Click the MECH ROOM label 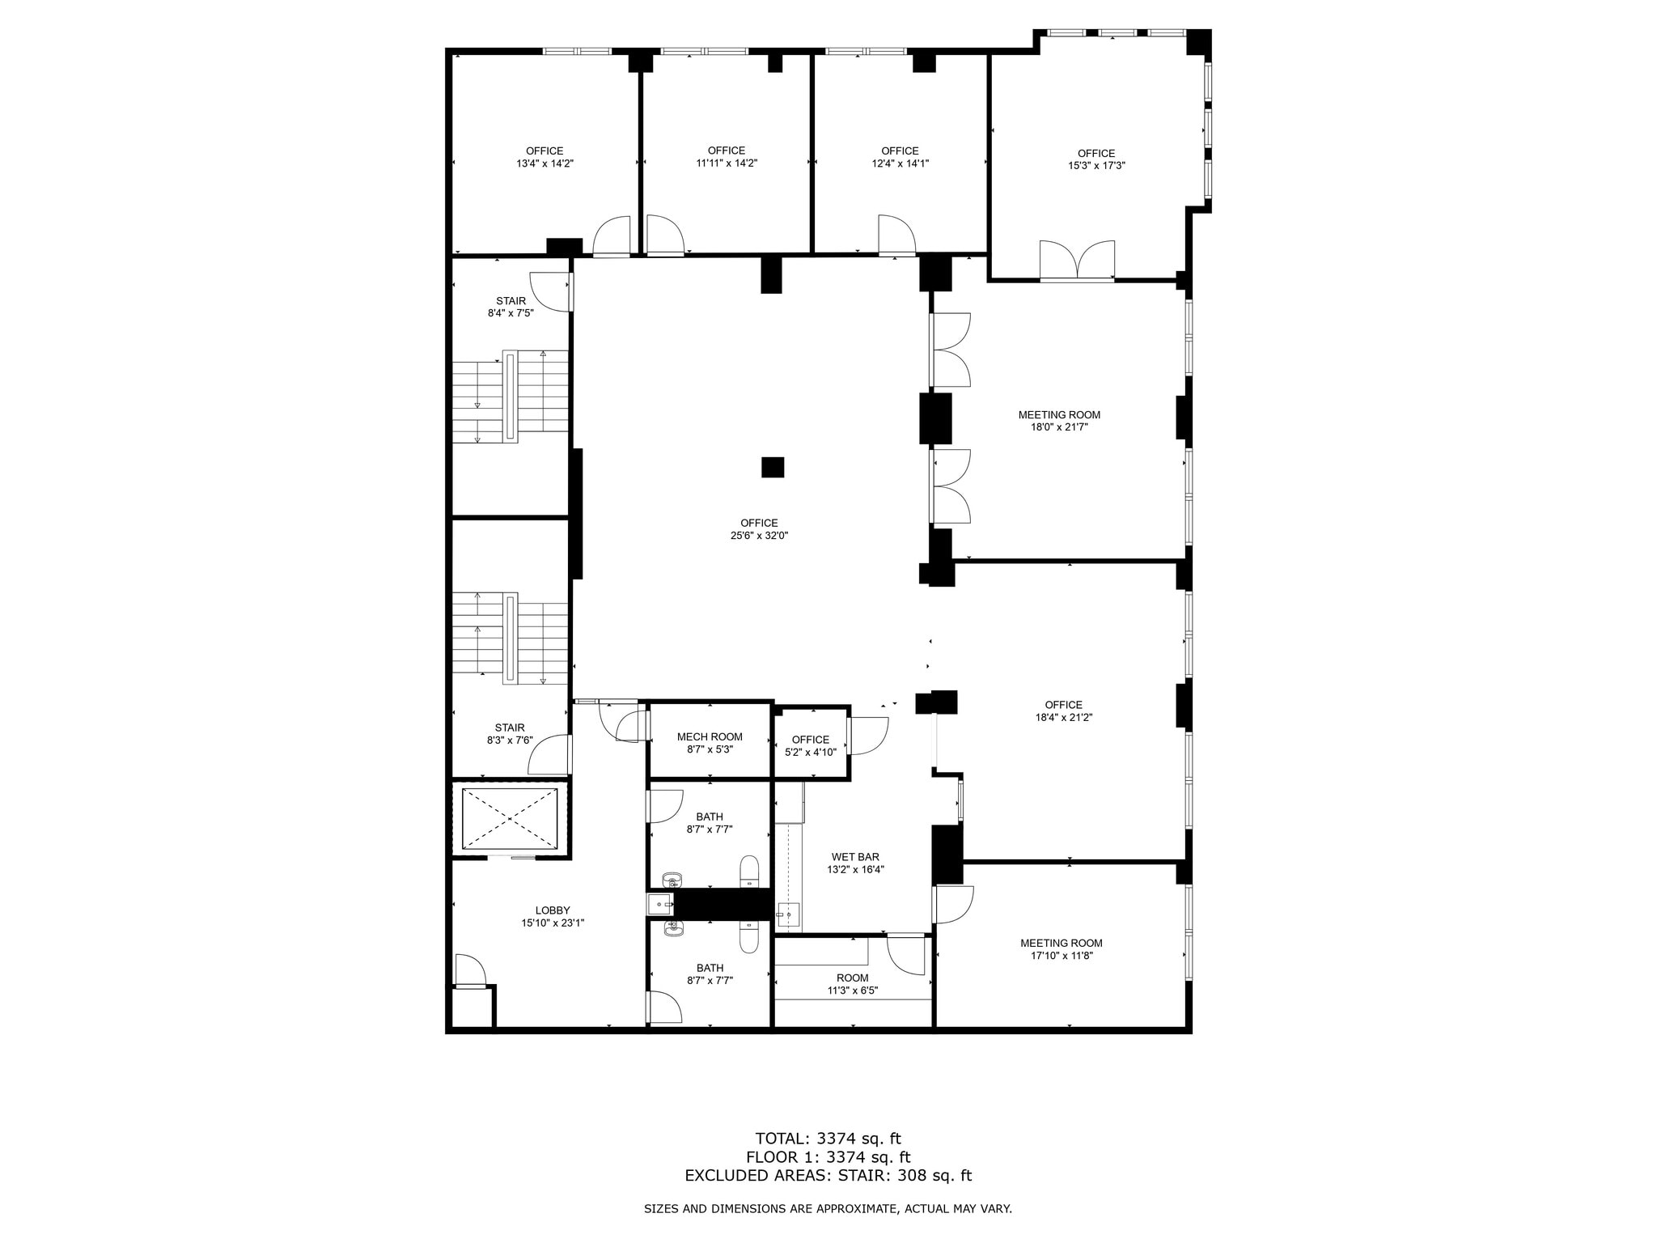[x=710, y=736]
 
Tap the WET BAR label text [x=855, y=857]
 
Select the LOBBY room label [x=553, y=910]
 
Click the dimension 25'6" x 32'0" [x=759, y=536]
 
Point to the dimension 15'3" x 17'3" [x=1096, y=165]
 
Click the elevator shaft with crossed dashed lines [x=510, y=818]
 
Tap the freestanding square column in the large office [x=773, y=468]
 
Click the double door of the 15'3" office [x=1077, y=261]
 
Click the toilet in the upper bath [x=750, y=871]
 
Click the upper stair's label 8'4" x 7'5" [x=511, y=313]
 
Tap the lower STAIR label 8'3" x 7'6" [x=510, y=740]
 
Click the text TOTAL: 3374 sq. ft [x=828, y=1139]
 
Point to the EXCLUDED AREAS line [x=828, y=1176]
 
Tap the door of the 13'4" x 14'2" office [x=612, y=236]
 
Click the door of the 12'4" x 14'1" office [x=896, y=235]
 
